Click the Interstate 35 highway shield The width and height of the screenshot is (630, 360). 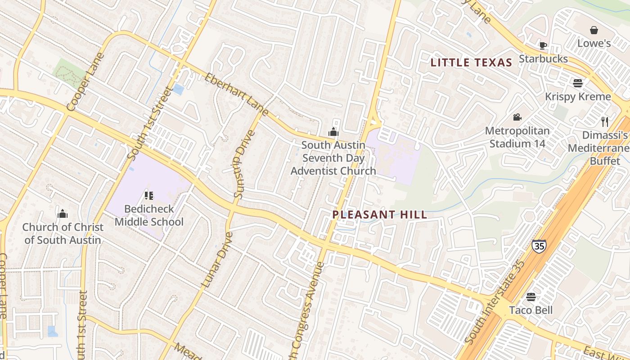coord(538,246)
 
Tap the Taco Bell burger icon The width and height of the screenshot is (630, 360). coord(531,297)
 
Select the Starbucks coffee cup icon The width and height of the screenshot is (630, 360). coord(543,45)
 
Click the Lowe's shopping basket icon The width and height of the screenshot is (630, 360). coord(594,30)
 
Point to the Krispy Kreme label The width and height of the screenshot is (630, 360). coord(578,97)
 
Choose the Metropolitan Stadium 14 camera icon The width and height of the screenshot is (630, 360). coord(517,117)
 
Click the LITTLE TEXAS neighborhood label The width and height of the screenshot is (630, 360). coord(471,63)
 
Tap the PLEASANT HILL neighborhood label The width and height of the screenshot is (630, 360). coord(380,215)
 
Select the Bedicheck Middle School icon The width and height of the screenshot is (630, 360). coord(149,195)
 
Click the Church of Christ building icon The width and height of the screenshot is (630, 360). coord(63,213)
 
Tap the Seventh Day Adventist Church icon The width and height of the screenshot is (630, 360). coord(333,132)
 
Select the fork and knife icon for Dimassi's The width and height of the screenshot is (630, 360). coord(605,121)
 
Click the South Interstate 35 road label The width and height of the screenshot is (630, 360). coord(495,301)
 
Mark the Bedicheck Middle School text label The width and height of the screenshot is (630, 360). coord(149,216)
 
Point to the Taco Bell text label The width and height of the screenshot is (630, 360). coord(531,310)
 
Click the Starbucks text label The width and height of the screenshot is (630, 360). coord(543,59)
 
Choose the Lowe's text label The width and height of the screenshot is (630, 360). coord(594,44)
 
